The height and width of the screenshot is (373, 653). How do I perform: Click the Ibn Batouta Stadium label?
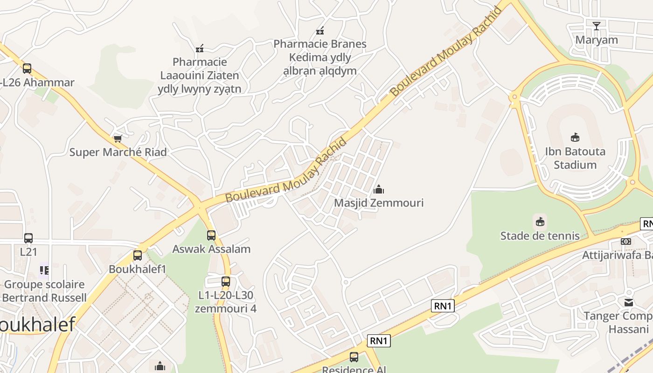pyautogui.click(x=575, y=158)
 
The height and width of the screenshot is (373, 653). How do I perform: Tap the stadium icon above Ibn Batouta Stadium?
pyautogui.click(x=575, y=137)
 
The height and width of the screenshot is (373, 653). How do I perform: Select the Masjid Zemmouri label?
pyautogui.click(x=379, y=203)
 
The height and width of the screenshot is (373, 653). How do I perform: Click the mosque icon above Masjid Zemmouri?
pyautogui.click(x=379, y=189)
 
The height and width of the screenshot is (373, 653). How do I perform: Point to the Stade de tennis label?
pyautogui.click(x=540, y=236)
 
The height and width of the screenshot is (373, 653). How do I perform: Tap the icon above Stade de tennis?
pyautogui.click(x=540, y=221)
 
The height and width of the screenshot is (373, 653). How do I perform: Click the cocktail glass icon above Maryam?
pyautogui.click(x=596, y=26)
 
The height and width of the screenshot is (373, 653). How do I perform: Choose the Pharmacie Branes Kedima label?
pyautogui.click(x=320, y=57)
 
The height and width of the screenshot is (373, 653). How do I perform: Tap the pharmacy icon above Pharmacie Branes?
pyautogui.click(x=320, y=31)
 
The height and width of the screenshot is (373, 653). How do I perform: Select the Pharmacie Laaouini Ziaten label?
pyautogui.click(x=200, y=75)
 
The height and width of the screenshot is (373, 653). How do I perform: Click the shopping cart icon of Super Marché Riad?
pyautogui.click(x=118, y=138)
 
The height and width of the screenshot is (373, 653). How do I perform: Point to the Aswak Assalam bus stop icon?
pyautogui.click(x=211, y=235)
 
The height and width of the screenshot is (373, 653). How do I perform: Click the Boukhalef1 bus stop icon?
pyautogui.click(x=137, y=256)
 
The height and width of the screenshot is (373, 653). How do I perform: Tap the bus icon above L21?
pyautogui.click(x=28, y=238)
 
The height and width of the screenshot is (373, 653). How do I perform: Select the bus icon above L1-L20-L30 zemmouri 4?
pyautogui.click(x=226, y=282)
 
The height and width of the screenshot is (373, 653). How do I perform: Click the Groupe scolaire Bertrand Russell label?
pyautogui.click(x=44, y=291)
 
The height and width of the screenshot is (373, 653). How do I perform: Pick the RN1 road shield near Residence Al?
pyautogui.click(x=379, y=341)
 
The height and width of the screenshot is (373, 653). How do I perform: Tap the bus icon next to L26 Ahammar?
pyautogui.click(x=27, y=69)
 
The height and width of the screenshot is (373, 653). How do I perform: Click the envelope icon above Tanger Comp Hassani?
pyautogui.click(x=629, y=303)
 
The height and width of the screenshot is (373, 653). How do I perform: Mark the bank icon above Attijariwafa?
pyautogui.click(x=626, y=241)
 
